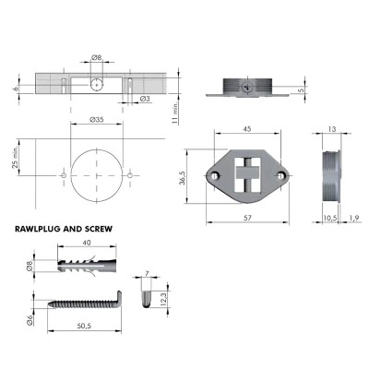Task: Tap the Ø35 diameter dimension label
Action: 96,119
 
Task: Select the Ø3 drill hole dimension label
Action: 145,99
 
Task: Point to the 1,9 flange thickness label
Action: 355,218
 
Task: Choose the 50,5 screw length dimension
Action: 84,326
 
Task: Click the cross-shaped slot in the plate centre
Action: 245,176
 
